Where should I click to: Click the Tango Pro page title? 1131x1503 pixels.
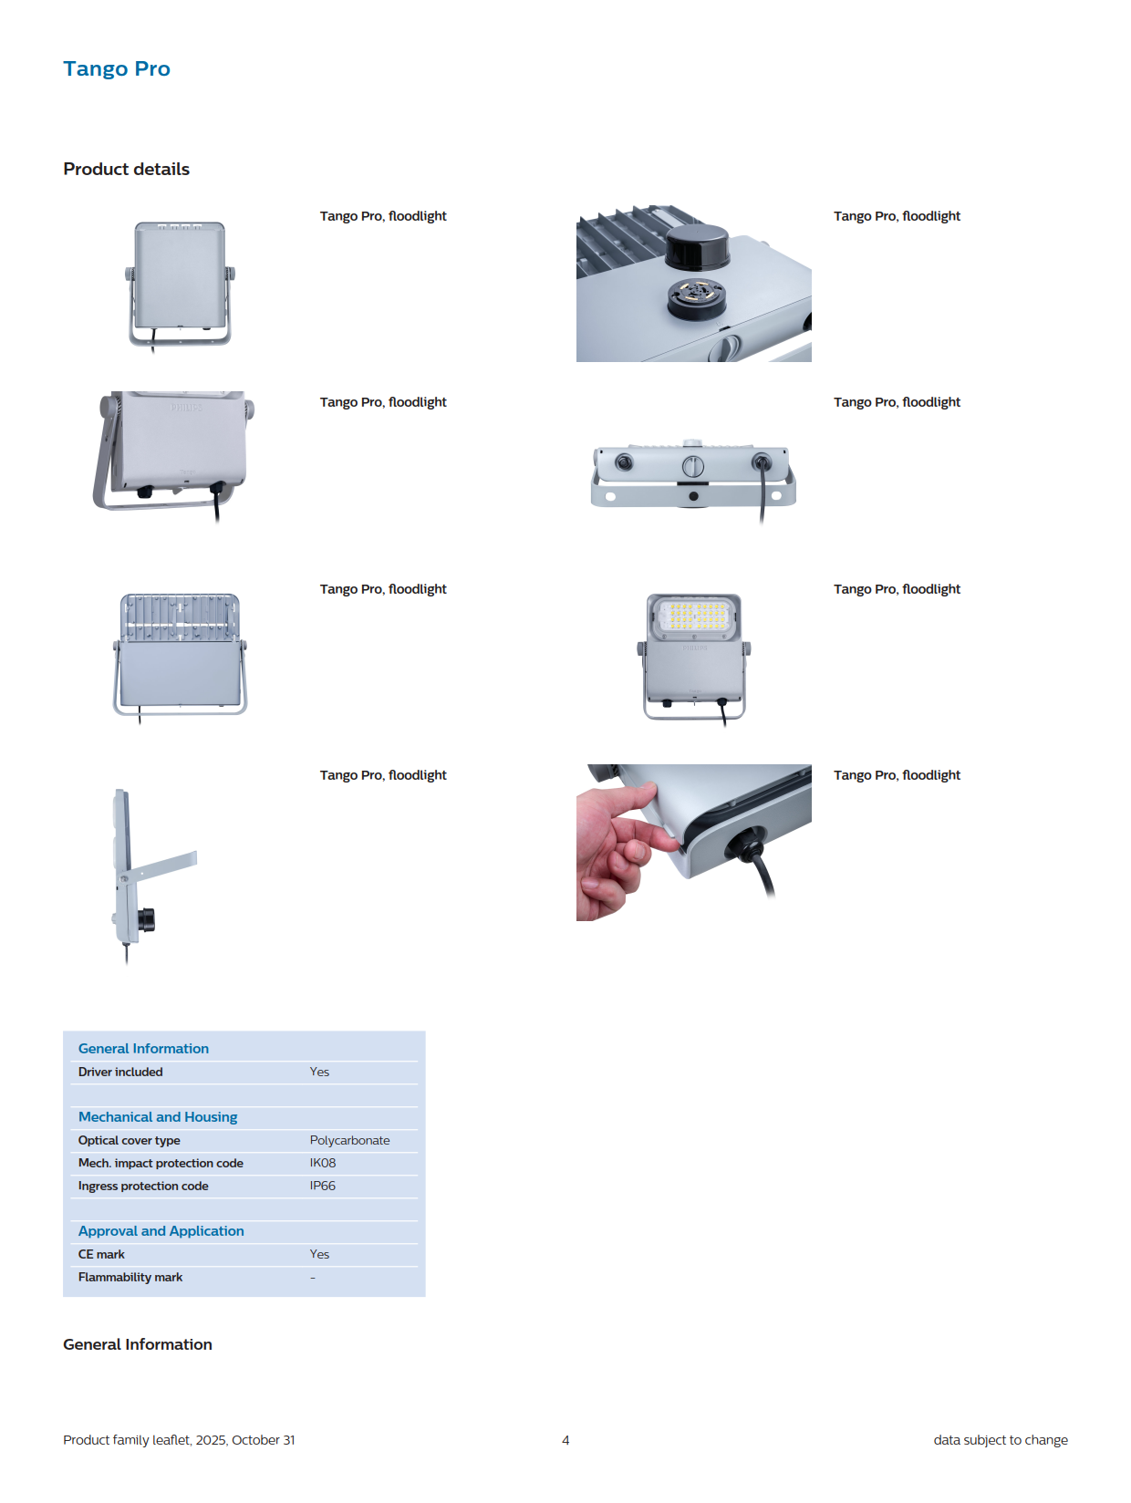[x=117, y=69]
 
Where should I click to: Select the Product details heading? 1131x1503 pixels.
[x=126, y=169]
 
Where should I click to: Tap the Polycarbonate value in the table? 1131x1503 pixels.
[x=349, y=1139]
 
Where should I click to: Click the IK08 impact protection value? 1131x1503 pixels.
[x=323, y=1163]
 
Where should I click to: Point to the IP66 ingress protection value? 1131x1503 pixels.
[x=323, y=1186]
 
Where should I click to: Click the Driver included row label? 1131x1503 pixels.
[x=120, y=1072]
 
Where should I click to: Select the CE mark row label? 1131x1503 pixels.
[x=101, y=1254]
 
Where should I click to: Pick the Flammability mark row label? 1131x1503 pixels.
[x=130, y=1277]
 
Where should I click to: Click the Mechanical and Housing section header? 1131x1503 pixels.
[x=158, y=1117]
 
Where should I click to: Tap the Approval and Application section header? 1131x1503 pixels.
[x=161, y=1230]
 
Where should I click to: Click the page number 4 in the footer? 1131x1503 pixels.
[x=565, y=1440]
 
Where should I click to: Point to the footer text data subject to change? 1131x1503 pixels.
[x=1001, y=1440]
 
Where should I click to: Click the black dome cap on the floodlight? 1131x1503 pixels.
[x=697, y=246]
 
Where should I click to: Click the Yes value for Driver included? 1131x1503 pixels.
[x=319, y=1072]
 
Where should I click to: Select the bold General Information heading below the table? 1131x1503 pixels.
[x=138, y=1344]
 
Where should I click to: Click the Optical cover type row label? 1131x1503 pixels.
[x=129, y=1140]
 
